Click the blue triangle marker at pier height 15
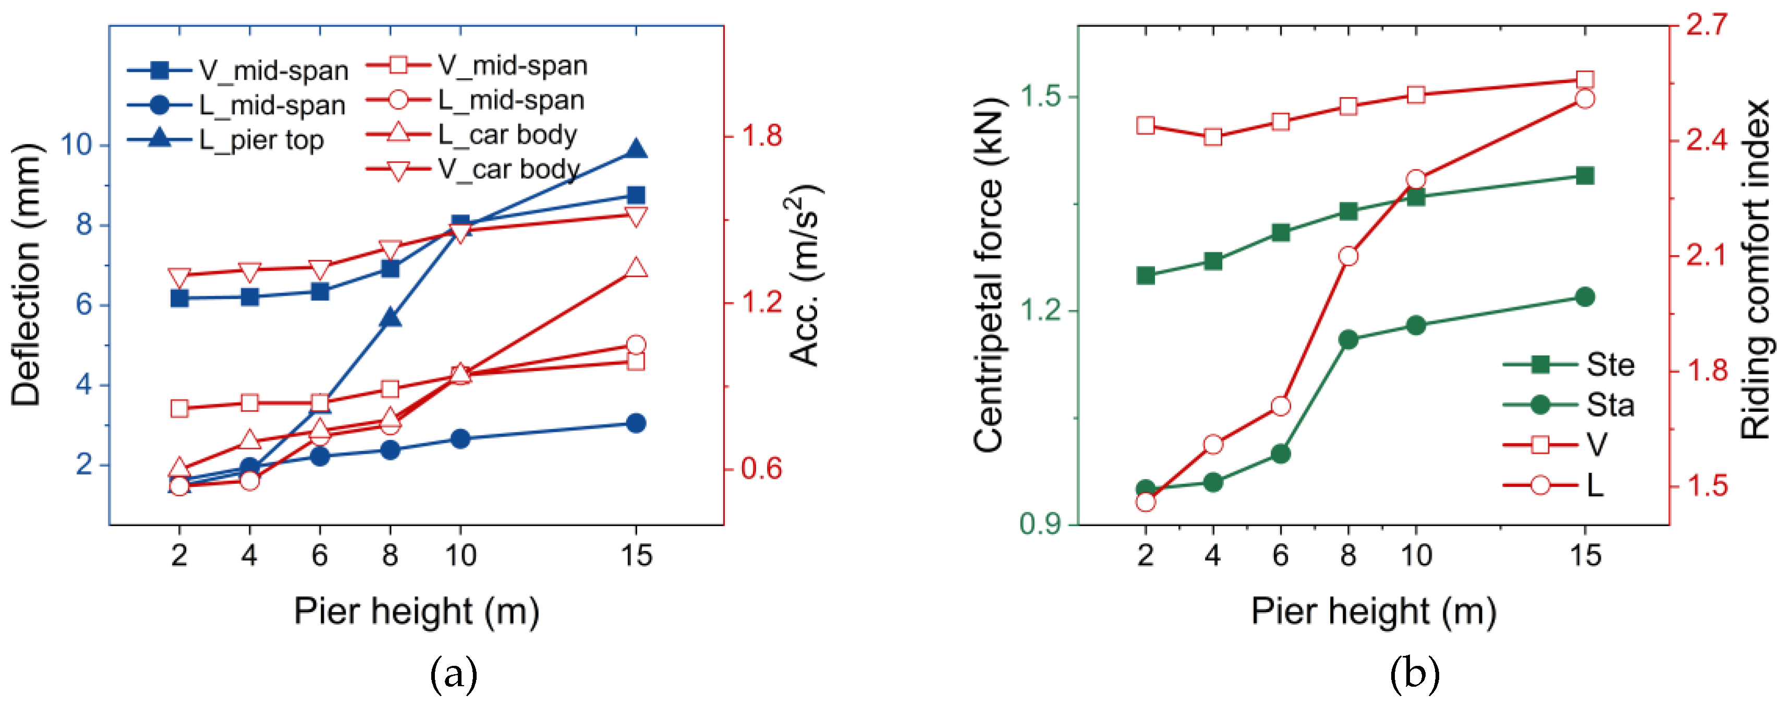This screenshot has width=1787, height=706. tap(636, 149)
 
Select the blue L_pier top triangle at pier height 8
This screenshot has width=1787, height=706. tap(390, 318)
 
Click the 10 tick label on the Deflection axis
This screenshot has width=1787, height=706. tap(76, 145)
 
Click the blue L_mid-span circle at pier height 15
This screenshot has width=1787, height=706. tap(636, 423)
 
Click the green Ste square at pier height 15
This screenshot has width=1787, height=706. tap(1585, 176)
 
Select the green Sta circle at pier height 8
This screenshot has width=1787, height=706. tap(1348, 339)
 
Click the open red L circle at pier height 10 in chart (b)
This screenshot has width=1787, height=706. tap(1416, 179)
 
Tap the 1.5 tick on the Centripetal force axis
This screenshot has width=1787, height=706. tap(1041, 96)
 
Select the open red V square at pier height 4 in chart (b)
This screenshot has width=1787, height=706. tap(1212, 137)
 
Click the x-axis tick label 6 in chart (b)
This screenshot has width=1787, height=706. tap(1281, 555)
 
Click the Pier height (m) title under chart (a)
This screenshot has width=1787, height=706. tap(416, 611)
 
